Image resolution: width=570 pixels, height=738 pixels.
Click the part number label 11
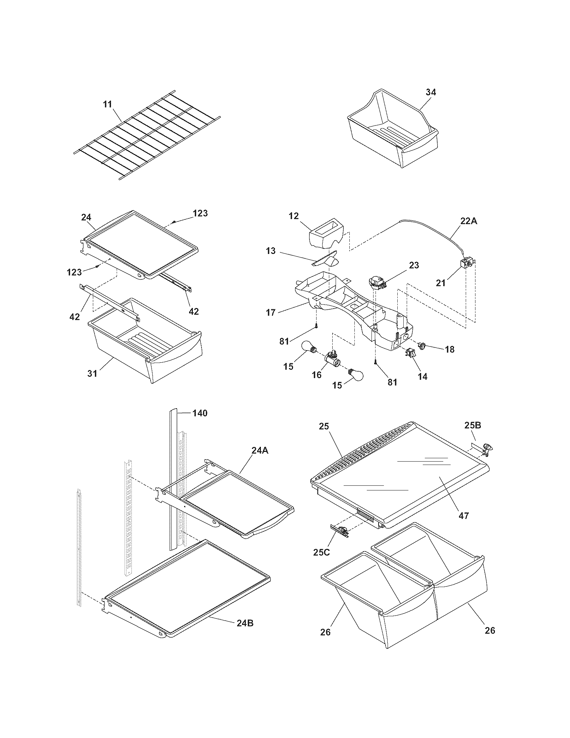pyautogui.click(x=107, y=104)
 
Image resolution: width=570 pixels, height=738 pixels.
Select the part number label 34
pyautogui.click(x=431, y=92)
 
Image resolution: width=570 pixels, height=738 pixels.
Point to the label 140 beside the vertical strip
pyautogui.click(x=200, y=413)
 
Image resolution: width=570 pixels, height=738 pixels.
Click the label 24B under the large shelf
pyautogui.click(x=245, y=623)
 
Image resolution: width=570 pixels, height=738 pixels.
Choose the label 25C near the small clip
pyautogui.click(x=322, y=552)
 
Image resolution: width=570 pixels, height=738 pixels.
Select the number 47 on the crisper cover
pyautogui.click(x=464, y=516)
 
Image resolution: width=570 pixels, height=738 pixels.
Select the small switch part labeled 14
pyautogui.click(x=410, y=354)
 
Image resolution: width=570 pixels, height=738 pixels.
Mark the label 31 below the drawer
pyautogui.click(x=92, y=373)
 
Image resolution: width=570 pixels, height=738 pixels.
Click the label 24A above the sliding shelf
pyautogui.click(x=260, y=450)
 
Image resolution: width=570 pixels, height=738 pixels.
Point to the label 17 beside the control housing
pyautogui.click(x=271, y=312)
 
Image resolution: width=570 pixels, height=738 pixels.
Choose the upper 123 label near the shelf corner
pyautogui.click(x=200, y=213)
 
